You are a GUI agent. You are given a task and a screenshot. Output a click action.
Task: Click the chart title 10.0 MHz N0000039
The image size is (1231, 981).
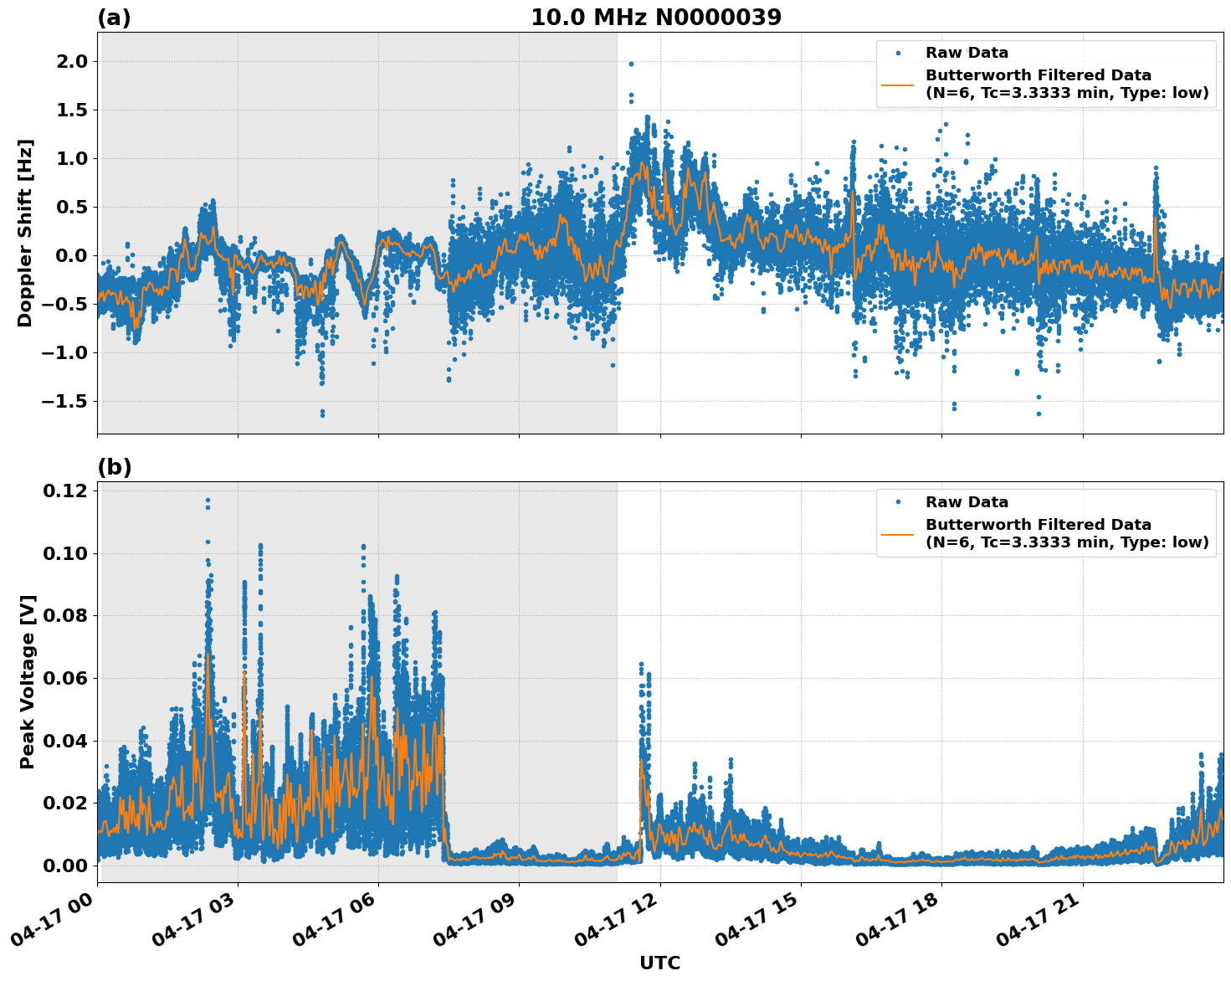[655, 18]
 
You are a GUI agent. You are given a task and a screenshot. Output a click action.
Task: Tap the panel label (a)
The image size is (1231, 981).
[114, 18]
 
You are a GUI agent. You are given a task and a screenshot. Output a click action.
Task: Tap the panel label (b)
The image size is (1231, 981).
[114, 467]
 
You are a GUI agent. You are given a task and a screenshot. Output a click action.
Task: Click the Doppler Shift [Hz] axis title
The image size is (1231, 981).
[25, 233]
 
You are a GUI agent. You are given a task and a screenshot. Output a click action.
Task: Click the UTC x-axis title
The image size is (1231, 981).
[659, 963]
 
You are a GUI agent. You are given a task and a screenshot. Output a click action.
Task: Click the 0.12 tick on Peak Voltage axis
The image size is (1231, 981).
[64, 490]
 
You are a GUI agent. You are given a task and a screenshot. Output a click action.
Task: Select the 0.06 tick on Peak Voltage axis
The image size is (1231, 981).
[64, 678]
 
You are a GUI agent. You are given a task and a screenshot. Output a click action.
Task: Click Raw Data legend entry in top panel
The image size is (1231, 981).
[967, 53]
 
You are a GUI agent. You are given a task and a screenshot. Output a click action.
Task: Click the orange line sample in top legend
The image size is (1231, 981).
[897, 84]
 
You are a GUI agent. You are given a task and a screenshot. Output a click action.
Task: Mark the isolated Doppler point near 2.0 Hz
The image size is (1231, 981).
[631, 64]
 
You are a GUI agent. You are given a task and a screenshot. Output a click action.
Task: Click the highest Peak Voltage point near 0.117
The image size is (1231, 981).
[208, 501]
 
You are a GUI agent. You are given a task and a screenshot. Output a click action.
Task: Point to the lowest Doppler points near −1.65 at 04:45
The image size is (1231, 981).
[322, 413]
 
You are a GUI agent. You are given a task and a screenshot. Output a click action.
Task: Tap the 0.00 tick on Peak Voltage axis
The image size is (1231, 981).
[64, 865]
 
